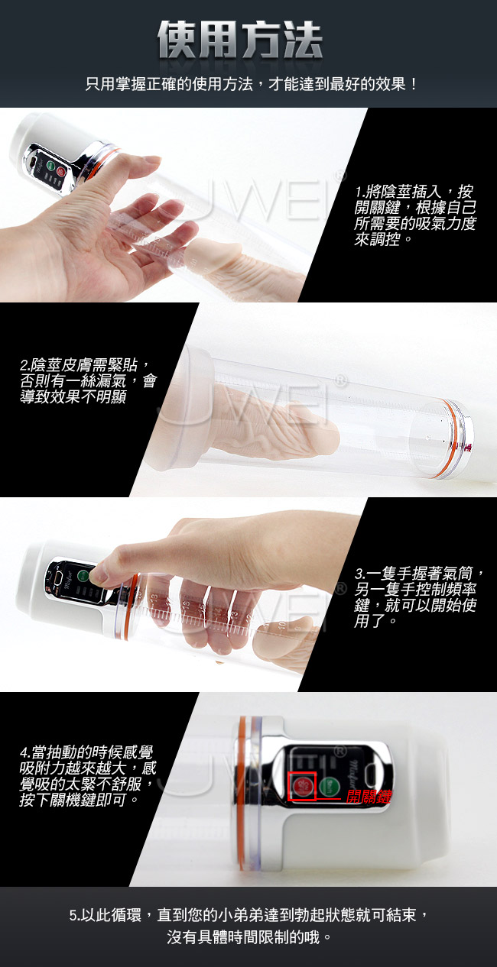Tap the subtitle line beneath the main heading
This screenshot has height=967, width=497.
coord(252,84)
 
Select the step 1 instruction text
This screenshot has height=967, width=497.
coord(415,215)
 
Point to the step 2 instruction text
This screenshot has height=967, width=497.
coord(88,380)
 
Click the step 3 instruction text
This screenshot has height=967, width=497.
coord(419,597)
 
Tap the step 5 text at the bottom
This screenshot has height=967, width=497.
coord(249,926)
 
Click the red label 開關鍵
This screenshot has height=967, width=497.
coord(369,797)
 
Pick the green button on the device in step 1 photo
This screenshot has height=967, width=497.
coord(50,165)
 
